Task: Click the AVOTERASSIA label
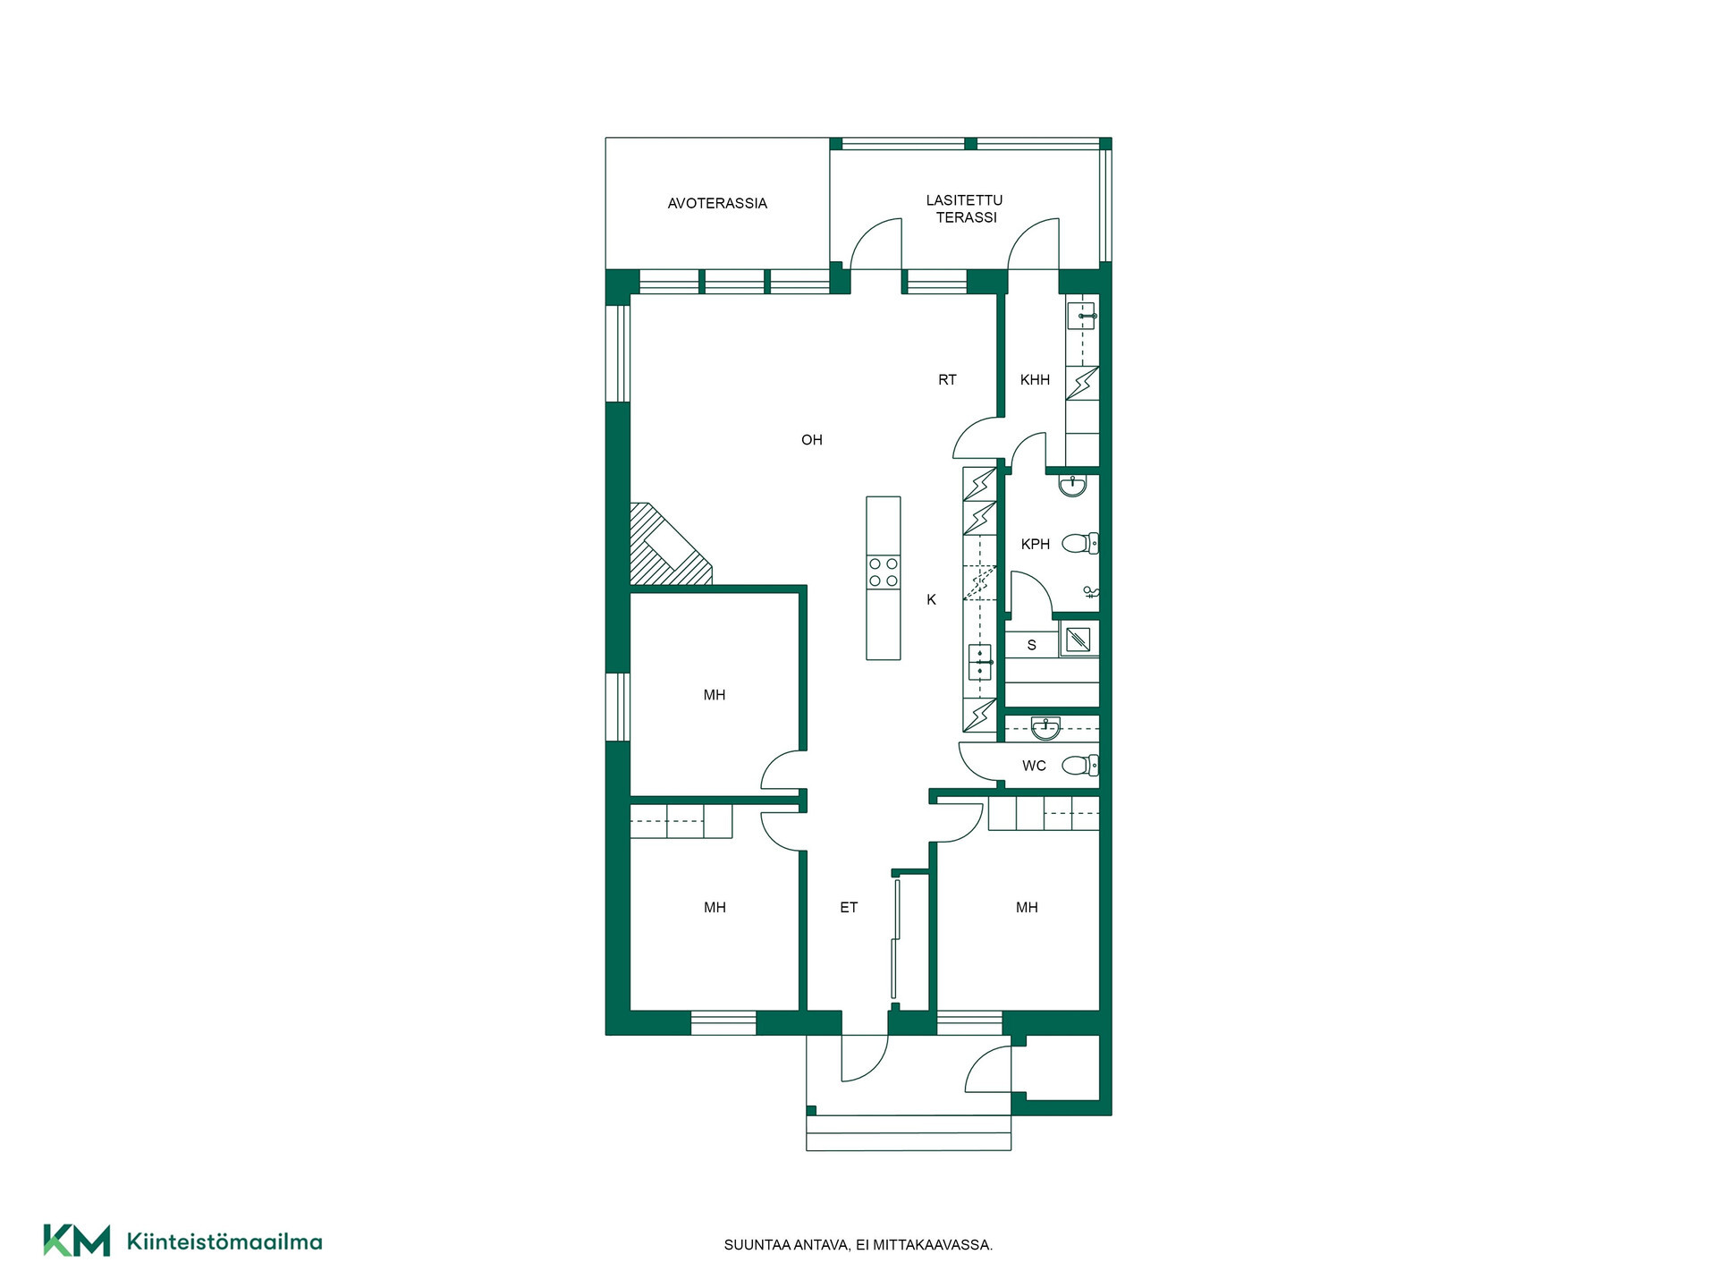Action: pos(717,204)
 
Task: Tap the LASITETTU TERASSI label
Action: pos(965,208)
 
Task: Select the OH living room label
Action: pos(812,440)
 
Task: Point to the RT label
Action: pos(947,380)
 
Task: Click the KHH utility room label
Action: pos(1035,380)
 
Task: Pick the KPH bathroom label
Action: pos(1036,544)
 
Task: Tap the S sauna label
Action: pos(1032,645)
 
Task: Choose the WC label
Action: pos(1034,766)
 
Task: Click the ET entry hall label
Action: pos(849,908)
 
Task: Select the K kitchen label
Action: pos(931,600)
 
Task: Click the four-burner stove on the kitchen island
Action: pos(884,572)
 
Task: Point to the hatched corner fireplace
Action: pos(669,545)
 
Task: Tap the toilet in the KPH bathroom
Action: pos(1080,543)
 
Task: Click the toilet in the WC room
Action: pos(1080,766)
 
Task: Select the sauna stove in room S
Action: pos(1078,640)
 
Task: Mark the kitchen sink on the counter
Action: pos(981,662)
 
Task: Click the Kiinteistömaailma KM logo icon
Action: pos(77,1241)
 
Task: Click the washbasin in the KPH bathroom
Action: pos(1072,485)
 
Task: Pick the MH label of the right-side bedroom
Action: pos(1027,908)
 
